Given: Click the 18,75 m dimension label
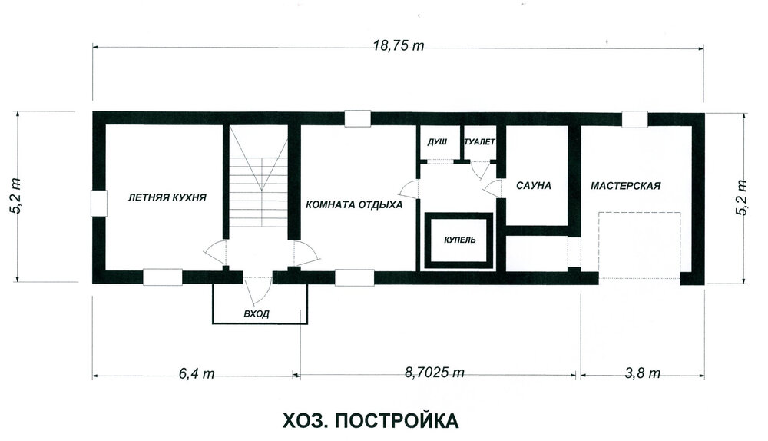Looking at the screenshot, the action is coord(398,46).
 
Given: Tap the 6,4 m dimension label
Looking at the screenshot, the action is coord(197,373).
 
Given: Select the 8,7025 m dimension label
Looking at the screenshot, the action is coord(435,373).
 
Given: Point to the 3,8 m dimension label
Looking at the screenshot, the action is coord(642,373).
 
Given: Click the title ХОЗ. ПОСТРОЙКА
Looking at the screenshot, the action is coord(371,421).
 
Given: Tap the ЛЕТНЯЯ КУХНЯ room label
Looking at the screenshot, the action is coord(167,198).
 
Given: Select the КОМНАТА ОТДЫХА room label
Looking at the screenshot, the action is coord(354,205).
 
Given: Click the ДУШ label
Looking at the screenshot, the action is coord(437,142).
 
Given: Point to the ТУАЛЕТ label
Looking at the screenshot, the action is coord(479,142).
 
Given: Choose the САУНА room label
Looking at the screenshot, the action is coord(534,186).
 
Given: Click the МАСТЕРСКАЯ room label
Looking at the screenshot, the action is coord(625,186).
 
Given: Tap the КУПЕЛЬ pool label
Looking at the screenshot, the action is coord(460,240).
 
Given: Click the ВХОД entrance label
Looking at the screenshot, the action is coord(257,313).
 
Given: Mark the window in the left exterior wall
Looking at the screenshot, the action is coord(99,204).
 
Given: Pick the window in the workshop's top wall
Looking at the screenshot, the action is coord(635,119).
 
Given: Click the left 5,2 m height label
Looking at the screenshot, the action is coord(15,197).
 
